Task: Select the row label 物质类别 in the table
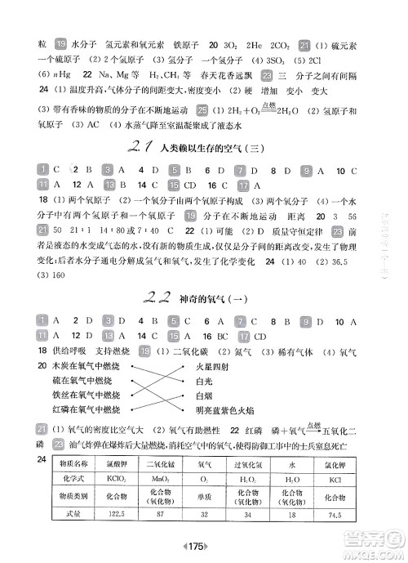pyautogui.click(x=73, y=494)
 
